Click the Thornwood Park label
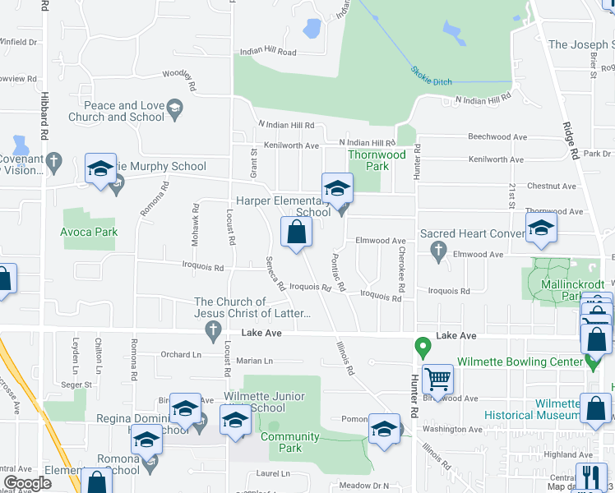[377, 159]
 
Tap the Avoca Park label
[89, 232]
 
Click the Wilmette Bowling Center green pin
[423, 347]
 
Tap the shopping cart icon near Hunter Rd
[438, 380]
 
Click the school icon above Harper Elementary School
[336, 189]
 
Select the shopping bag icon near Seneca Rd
[296, 233]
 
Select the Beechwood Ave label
[497, 136]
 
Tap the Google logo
[27, 483]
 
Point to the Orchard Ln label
[181, 355]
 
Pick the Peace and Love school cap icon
[173, 108]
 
